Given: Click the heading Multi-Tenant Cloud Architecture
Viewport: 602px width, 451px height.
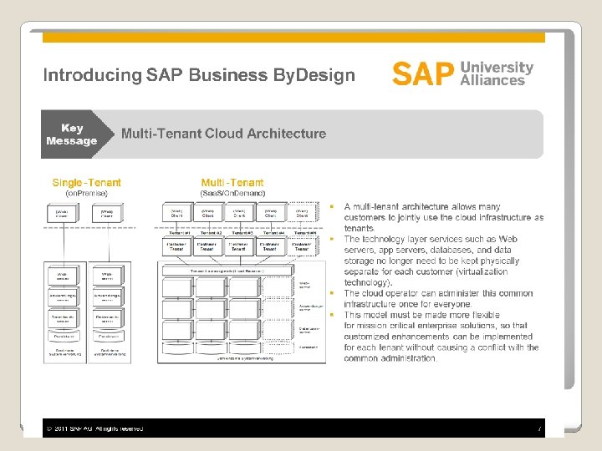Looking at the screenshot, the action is (223, 134).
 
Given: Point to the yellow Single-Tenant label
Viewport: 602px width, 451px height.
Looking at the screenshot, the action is (86, 183).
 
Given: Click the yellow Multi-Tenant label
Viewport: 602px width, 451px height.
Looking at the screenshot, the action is (232, 183).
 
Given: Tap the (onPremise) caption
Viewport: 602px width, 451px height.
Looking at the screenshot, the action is (87, 194).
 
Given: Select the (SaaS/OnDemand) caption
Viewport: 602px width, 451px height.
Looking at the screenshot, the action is (232, 194).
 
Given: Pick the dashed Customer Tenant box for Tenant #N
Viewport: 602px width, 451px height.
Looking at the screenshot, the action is (302, 246).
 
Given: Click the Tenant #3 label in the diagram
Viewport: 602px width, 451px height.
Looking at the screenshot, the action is (239, 233).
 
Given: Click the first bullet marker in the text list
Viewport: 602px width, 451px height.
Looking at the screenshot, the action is (331, 206).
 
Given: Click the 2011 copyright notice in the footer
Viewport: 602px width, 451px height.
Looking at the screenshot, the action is (95, 428).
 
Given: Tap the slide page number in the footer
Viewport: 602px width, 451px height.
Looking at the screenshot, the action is (540, 428).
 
